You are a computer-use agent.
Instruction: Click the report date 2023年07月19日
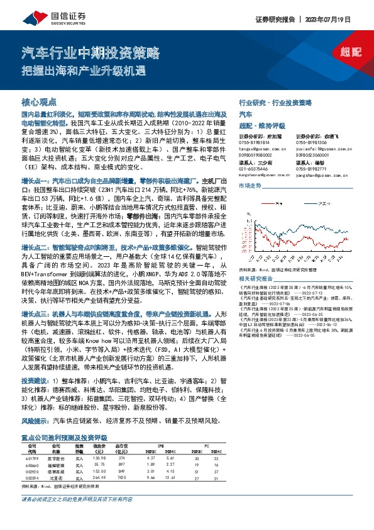click(339, 20)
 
